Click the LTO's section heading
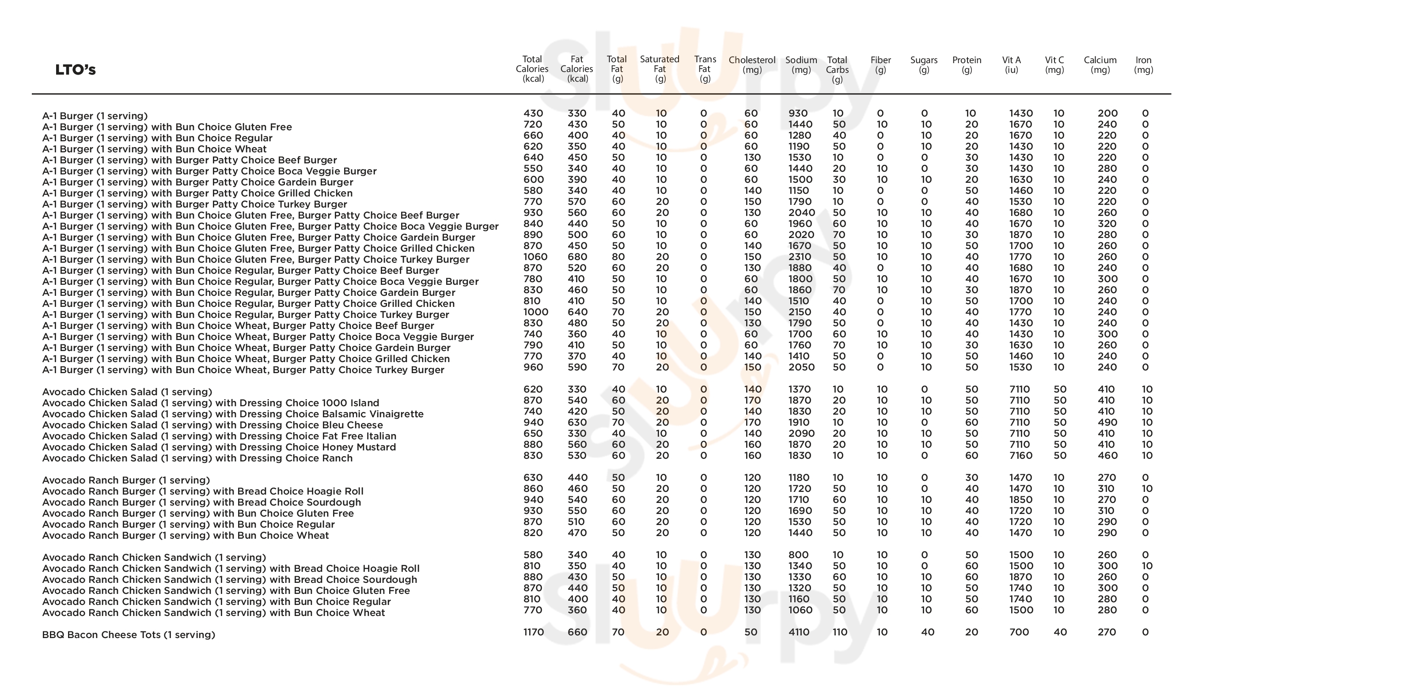(x=75, y=70)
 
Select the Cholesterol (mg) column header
(x=752, y=65)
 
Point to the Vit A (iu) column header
(x=1011, y=65)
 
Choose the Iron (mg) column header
(x=1143, y=65)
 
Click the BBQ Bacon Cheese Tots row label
(x=129, y=635)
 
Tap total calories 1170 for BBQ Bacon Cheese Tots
(x=534, y=632)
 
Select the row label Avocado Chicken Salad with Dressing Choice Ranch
(x=197, y=458)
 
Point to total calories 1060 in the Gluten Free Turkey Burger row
(x=535, y=257)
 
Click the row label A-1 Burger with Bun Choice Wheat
(x=155, y=149)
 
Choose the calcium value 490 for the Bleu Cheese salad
(x=1107, y=422)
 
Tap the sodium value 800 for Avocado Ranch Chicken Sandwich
(x=798, y=555)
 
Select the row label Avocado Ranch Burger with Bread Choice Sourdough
(x=201, y=503)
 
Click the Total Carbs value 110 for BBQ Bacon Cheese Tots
(x=839, y=632)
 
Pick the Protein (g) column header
(x=967, y=65)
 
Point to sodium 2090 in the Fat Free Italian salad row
(x=801, y=433)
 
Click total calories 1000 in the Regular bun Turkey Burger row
(x=535, y=312)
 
